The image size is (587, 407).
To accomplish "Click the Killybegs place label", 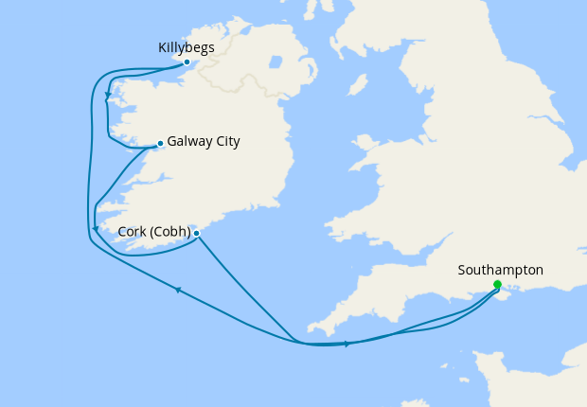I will coord(187,46).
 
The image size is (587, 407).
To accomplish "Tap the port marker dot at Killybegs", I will coord(187,62).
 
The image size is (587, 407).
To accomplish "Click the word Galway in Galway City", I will coord(188,142).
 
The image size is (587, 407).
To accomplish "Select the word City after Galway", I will coord(226,142).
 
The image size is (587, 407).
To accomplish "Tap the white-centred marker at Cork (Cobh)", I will coord(196,233).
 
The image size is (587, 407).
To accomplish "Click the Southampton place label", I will coord(500,270).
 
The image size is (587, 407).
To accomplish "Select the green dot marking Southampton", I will coord(497,285).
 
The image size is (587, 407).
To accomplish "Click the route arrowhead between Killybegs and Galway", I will coord(108,97).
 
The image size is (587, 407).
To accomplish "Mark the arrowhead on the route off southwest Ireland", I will coord(95,228).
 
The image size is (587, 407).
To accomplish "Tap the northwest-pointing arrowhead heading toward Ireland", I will coord(177,290).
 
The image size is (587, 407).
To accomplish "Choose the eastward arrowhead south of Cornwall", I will coord(347,344).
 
